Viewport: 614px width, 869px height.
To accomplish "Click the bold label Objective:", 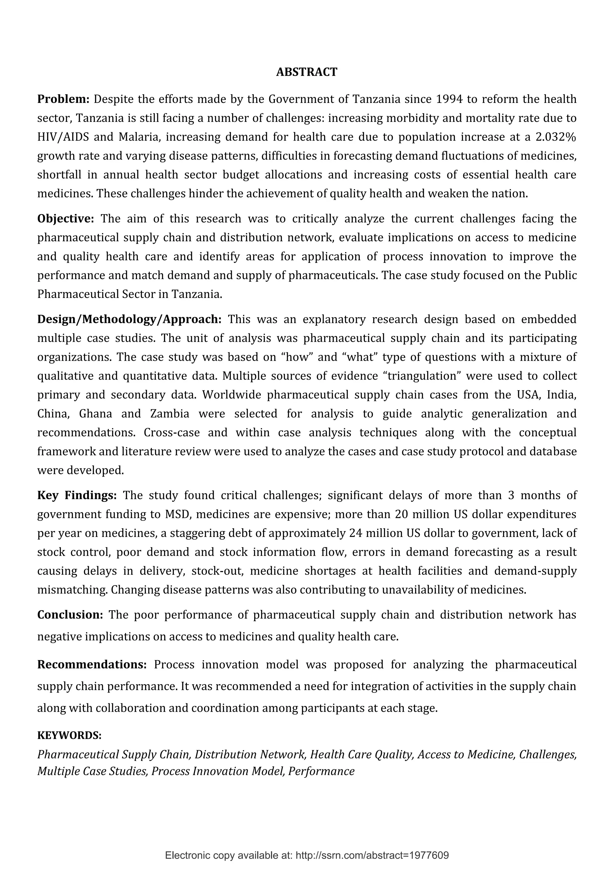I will pyautogui.click(x=65, y=219).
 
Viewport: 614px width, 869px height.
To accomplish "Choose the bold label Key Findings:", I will pyautogui.click(x=77, y=495).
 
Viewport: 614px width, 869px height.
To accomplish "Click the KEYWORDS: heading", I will pyautogui.click(x=70, y=735).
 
